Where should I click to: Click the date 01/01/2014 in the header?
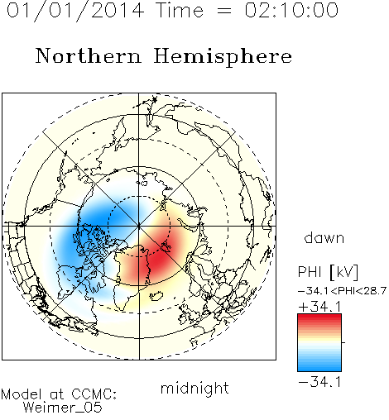tap(75, 11)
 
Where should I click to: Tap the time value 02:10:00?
tap(291, 10)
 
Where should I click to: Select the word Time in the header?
tap(180, 10)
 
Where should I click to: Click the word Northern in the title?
tap(89, 55)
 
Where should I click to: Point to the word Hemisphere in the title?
tap(223, 57)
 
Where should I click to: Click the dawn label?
tap(324, 237)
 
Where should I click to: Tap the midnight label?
tap(194, 389)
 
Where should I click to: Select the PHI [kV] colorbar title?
tap(328, 272)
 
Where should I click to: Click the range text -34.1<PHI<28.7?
tap(342, 291)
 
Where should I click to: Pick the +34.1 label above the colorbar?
tap(319, 307)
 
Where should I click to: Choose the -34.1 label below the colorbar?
tap(319, 382)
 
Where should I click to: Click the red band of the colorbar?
tap(319, 320)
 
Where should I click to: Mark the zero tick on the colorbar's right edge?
tap(343, 342)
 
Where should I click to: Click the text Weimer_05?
tap(63, 408)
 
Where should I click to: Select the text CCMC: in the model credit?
tap(94, 394)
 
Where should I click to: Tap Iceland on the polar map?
tap(156, 296)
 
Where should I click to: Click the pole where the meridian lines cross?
tap(139, 226)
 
